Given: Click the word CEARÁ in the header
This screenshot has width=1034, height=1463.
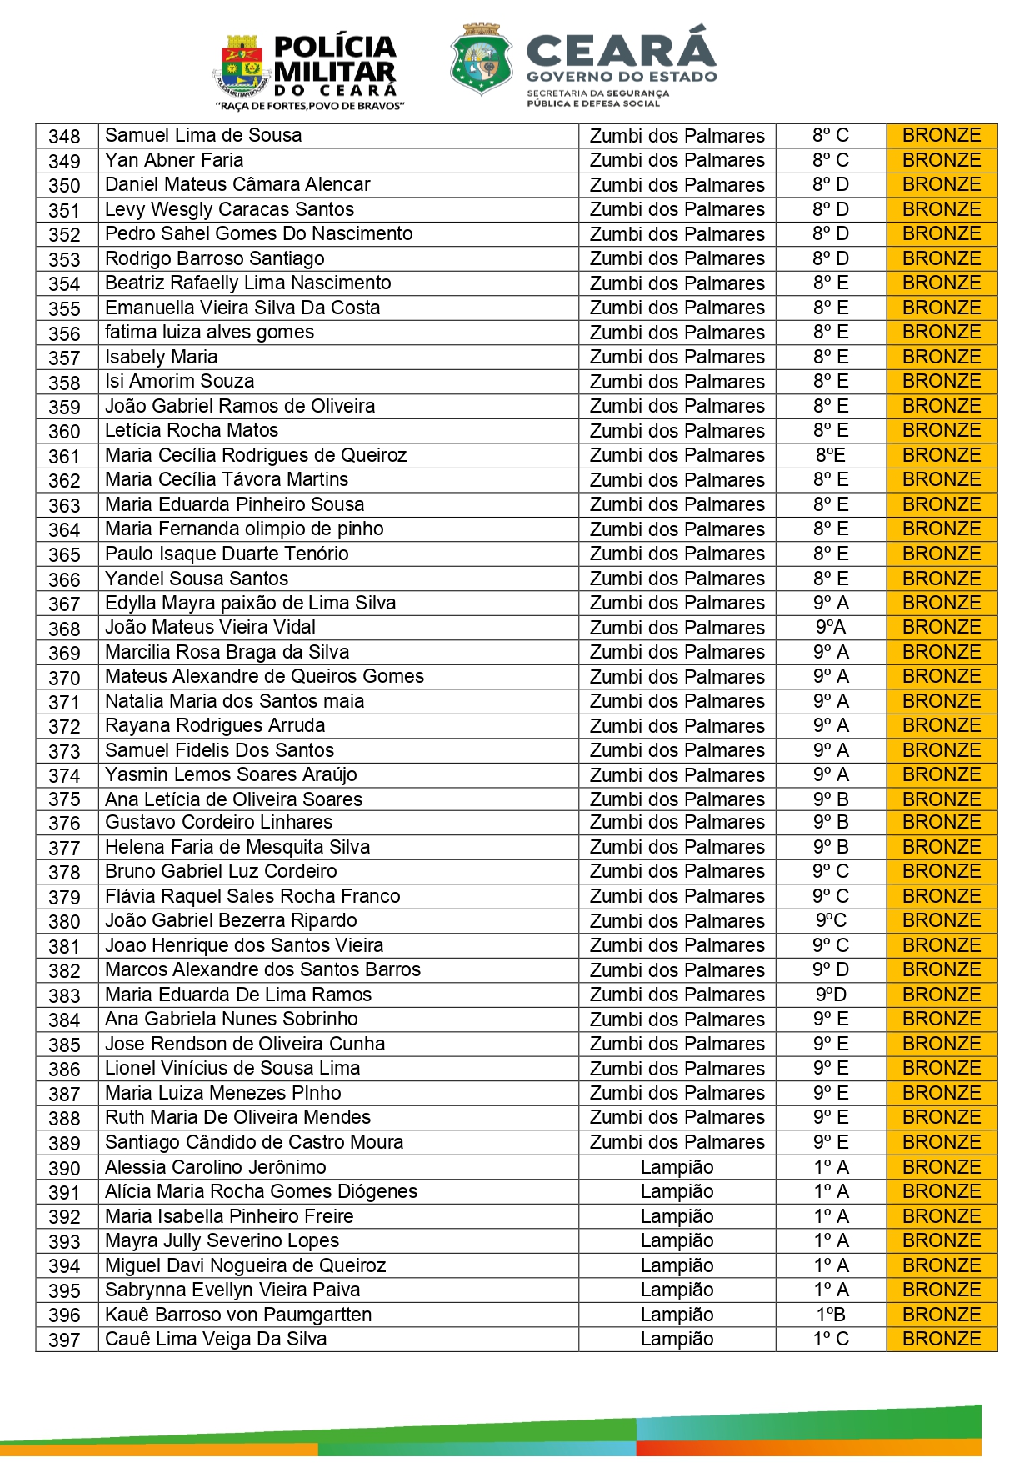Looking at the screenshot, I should [621, 48].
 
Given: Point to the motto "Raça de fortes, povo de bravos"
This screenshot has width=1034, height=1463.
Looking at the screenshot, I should [310, 106].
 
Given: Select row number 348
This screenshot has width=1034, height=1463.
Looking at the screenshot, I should [64, 136].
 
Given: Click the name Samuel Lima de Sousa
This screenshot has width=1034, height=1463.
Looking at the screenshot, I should [203, 135].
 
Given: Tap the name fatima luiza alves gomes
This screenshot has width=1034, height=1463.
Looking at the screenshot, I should [209, 332].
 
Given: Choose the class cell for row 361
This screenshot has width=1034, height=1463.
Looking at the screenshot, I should [831, 455].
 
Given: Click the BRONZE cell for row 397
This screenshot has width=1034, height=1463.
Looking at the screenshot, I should [942, 1339].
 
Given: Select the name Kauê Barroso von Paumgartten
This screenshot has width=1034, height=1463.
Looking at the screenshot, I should [238, 1315].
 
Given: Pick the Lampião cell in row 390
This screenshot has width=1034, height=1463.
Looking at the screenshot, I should [677, 1167].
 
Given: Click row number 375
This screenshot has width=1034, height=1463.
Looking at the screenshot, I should [64, 799].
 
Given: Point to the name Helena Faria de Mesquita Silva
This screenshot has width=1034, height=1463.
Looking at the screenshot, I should [237, 847].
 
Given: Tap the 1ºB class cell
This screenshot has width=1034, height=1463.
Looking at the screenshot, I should [831, 1315].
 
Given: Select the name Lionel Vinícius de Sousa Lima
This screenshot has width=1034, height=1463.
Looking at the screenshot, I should [232, 1068].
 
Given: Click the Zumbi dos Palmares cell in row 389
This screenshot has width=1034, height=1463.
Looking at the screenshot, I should [677, 1142].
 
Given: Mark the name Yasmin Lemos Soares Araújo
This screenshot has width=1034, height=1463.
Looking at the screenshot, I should [231, 774].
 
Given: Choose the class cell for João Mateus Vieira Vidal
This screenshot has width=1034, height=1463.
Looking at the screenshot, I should [831, 627].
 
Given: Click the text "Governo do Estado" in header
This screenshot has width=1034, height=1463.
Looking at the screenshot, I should [622, 77].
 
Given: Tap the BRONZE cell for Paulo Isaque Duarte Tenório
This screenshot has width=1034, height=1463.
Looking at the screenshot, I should [942, 554].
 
